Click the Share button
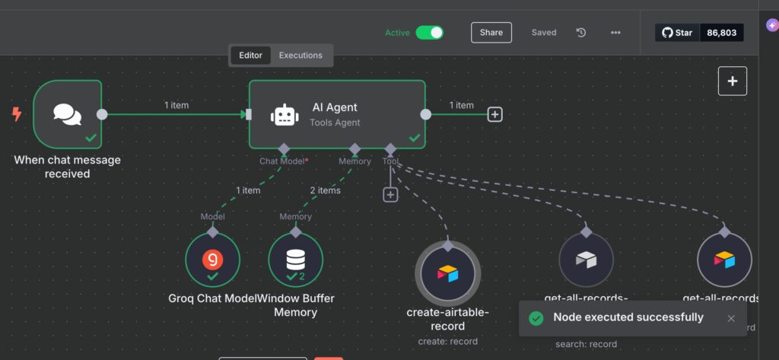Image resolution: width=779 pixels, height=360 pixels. click(491, 33)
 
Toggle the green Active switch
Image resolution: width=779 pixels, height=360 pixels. click(429, 33)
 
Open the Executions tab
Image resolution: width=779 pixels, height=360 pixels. click(300, 56)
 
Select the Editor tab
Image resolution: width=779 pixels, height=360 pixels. click(250, 56)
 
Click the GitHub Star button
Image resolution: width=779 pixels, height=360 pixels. click(677, 33)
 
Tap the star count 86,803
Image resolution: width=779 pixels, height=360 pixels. click(722, 33)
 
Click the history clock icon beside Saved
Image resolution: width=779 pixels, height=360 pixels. click(581, 33)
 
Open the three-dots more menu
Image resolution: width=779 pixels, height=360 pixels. click(615, 33)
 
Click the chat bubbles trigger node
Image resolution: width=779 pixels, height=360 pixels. click(67, 114)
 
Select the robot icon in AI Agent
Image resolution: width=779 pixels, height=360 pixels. click(284, 115)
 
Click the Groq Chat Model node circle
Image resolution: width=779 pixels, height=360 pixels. click(212, 260)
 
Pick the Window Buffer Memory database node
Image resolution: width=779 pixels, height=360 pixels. click(295, 260)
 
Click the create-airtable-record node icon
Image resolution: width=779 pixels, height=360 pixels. click(448, 273)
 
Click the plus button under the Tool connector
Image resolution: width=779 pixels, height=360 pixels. click(390, 195)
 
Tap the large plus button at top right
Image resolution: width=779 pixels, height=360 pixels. click(732, 81)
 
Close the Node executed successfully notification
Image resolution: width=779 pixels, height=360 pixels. click(731, 318)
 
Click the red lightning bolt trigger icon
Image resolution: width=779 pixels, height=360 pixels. click(17, 114)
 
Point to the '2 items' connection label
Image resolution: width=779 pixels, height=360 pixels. click(325, 190)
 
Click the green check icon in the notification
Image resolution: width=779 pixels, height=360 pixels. click(536, 318)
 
